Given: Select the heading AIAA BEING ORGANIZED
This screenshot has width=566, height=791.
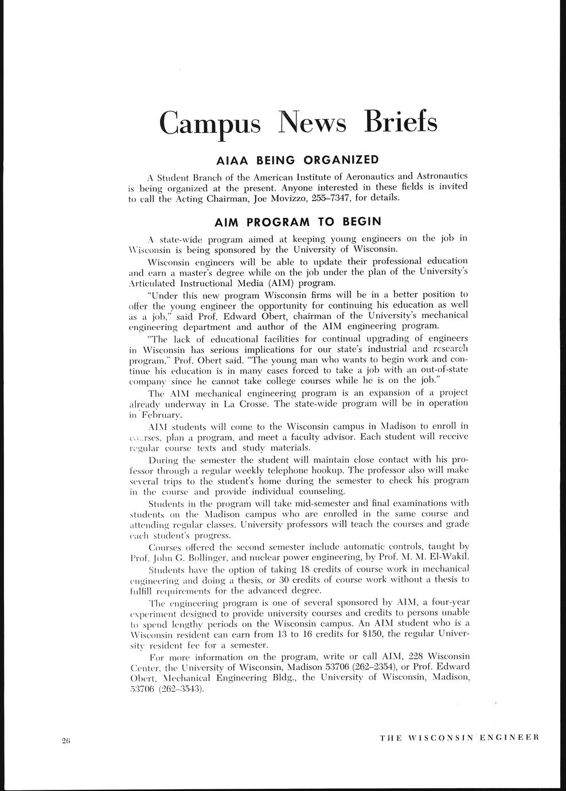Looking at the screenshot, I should point(297,159).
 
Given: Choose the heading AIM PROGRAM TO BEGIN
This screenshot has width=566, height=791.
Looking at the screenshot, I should point(297,221).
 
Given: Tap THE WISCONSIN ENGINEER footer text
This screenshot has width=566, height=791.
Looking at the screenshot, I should point(459,738).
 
